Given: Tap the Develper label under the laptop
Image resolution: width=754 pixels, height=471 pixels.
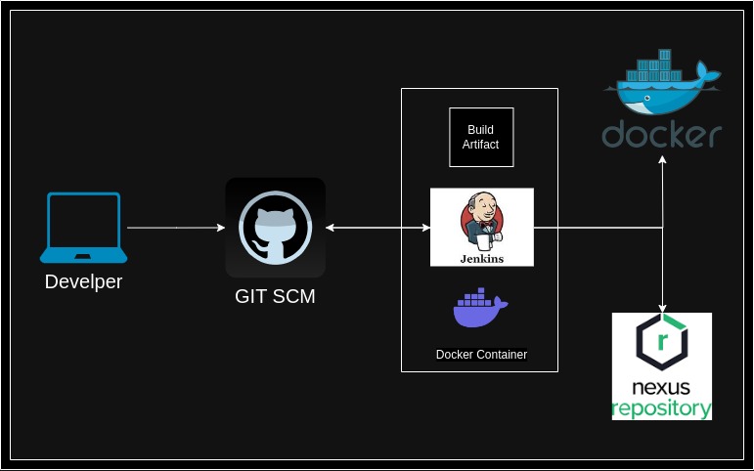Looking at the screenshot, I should [83, 282].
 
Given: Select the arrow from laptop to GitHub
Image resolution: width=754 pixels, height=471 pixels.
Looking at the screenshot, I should [176, 228].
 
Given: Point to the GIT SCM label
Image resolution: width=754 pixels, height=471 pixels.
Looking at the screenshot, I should [275, 296].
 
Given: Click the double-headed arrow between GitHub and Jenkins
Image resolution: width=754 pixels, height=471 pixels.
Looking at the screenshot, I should [377, 228].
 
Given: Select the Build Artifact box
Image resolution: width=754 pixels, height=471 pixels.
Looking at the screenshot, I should [480, 137].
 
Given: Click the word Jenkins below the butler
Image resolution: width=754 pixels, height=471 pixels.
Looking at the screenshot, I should [481, 259].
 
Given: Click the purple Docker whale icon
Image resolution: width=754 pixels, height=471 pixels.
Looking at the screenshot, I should [480, 310].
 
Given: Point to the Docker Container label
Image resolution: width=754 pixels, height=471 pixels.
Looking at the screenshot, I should [481, 355].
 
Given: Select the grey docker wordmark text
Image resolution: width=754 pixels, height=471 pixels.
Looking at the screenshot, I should [662, 135].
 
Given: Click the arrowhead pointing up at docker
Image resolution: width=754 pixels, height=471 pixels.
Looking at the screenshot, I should [663, 158].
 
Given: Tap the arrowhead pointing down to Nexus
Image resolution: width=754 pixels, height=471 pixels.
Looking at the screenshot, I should [663, 308].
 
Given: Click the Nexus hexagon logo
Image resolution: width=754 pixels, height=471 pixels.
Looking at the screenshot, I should [661, 343].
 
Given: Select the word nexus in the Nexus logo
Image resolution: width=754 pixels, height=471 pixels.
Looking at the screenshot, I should [661, 387].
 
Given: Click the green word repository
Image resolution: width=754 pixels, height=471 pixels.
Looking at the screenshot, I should [661, 408].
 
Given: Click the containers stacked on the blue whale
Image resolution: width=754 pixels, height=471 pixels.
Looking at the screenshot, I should [653, 68].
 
